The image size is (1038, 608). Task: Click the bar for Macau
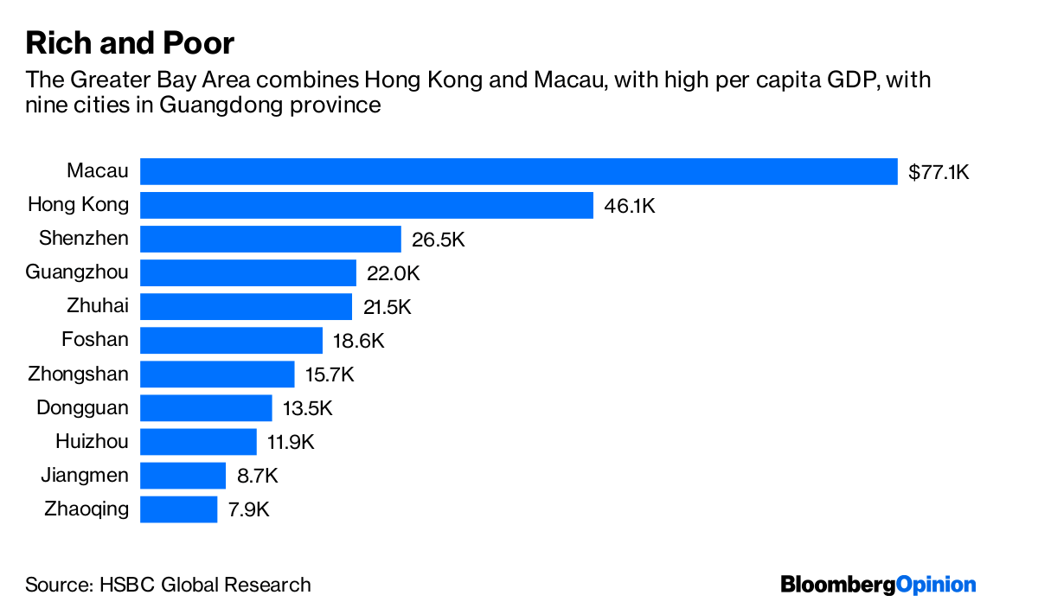519,171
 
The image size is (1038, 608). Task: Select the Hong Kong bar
367,205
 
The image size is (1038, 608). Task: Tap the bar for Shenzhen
271,239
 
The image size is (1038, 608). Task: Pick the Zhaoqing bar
178,509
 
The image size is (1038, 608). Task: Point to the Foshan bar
231,340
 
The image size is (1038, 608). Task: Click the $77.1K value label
939,172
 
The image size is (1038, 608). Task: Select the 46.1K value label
630,206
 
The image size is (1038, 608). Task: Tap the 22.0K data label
393,273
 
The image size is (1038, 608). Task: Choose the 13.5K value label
308,408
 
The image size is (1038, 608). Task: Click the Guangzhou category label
77,272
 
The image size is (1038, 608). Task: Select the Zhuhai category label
97,306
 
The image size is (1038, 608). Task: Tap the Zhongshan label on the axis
78,374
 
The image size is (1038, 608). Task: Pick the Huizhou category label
92,441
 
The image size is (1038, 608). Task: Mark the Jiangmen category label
85,475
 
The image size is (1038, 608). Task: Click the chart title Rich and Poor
130,43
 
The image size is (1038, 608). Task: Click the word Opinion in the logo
937,585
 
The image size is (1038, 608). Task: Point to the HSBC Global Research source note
168,585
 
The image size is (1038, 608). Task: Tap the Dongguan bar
206,407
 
